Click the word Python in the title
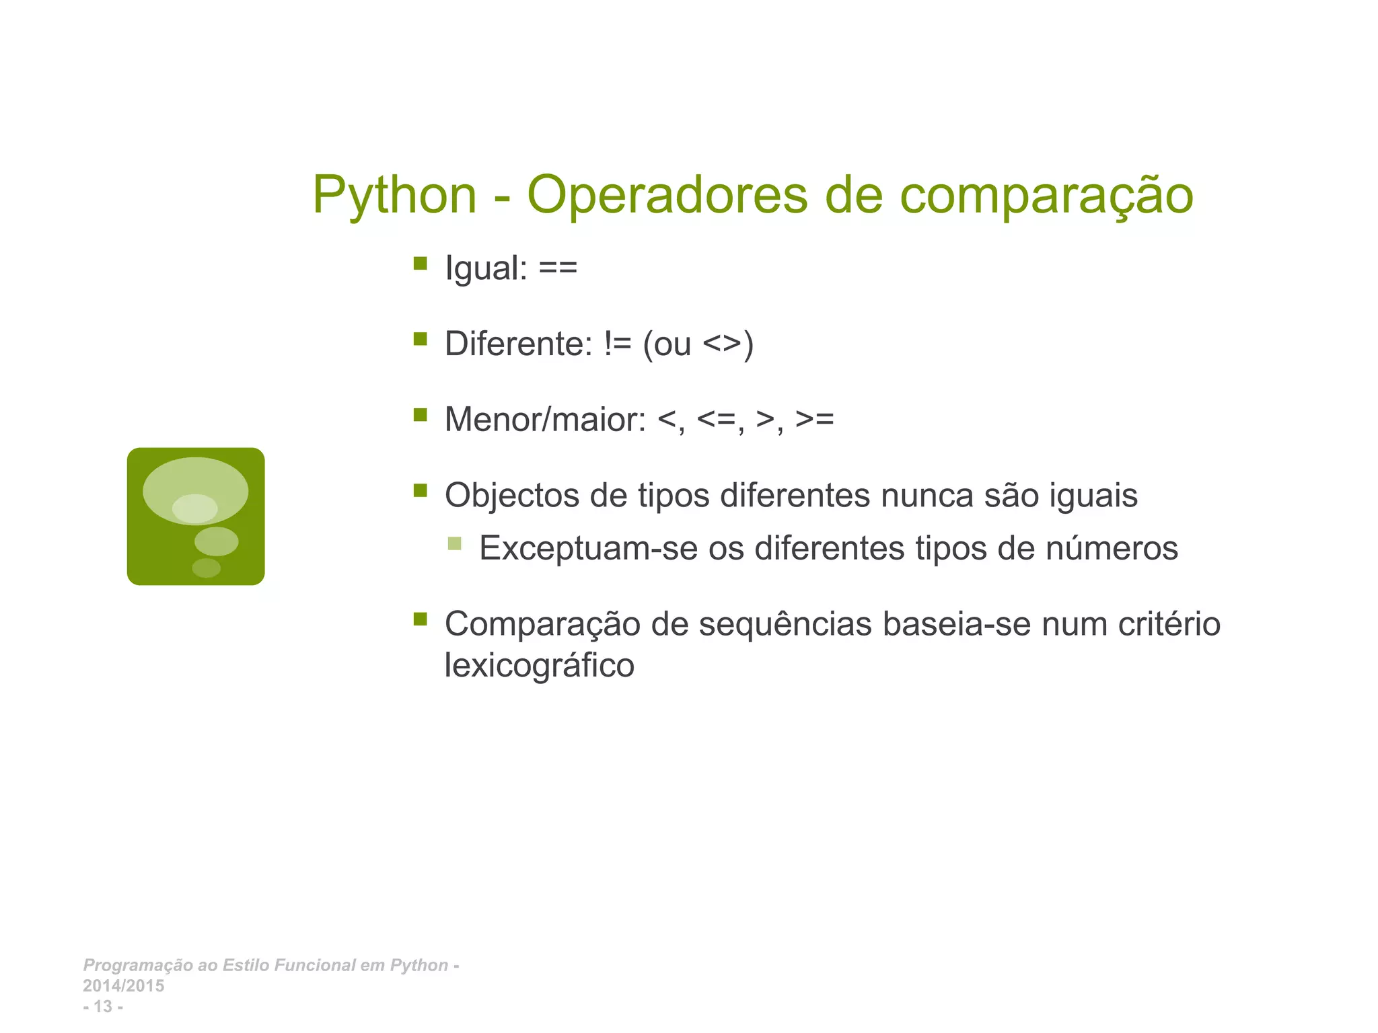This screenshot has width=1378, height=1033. pos(394,196)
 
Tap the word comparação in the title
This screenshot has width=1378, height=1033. pos(1046,196)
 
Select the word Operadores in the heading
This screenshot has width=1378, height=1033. pos(667,196)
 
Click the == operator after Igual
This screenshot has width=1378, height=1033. pos(558,268)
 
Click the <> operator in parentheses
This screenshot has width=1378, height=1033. pos(722,344)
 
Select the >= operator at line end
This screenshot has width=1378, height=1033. pos(814,419)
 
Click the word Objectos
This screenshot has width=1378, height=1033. pos(512,496)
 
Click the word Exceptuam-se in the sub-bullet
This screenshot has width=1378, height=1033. pos(587,548)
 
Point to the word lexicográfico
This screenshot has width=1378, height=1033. pos(539,666)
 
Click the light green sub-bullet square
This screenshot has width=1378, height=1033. pos(454,543)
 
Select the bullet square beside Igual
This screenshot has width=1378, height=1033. pos(421,263)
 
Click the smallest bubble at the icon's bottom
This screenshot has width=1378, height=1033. pos(206,568)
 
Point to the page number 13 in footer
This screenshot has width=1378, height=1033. pos(103,1007)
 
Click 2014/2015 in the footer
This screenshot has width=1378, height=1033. pos(123,986)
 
